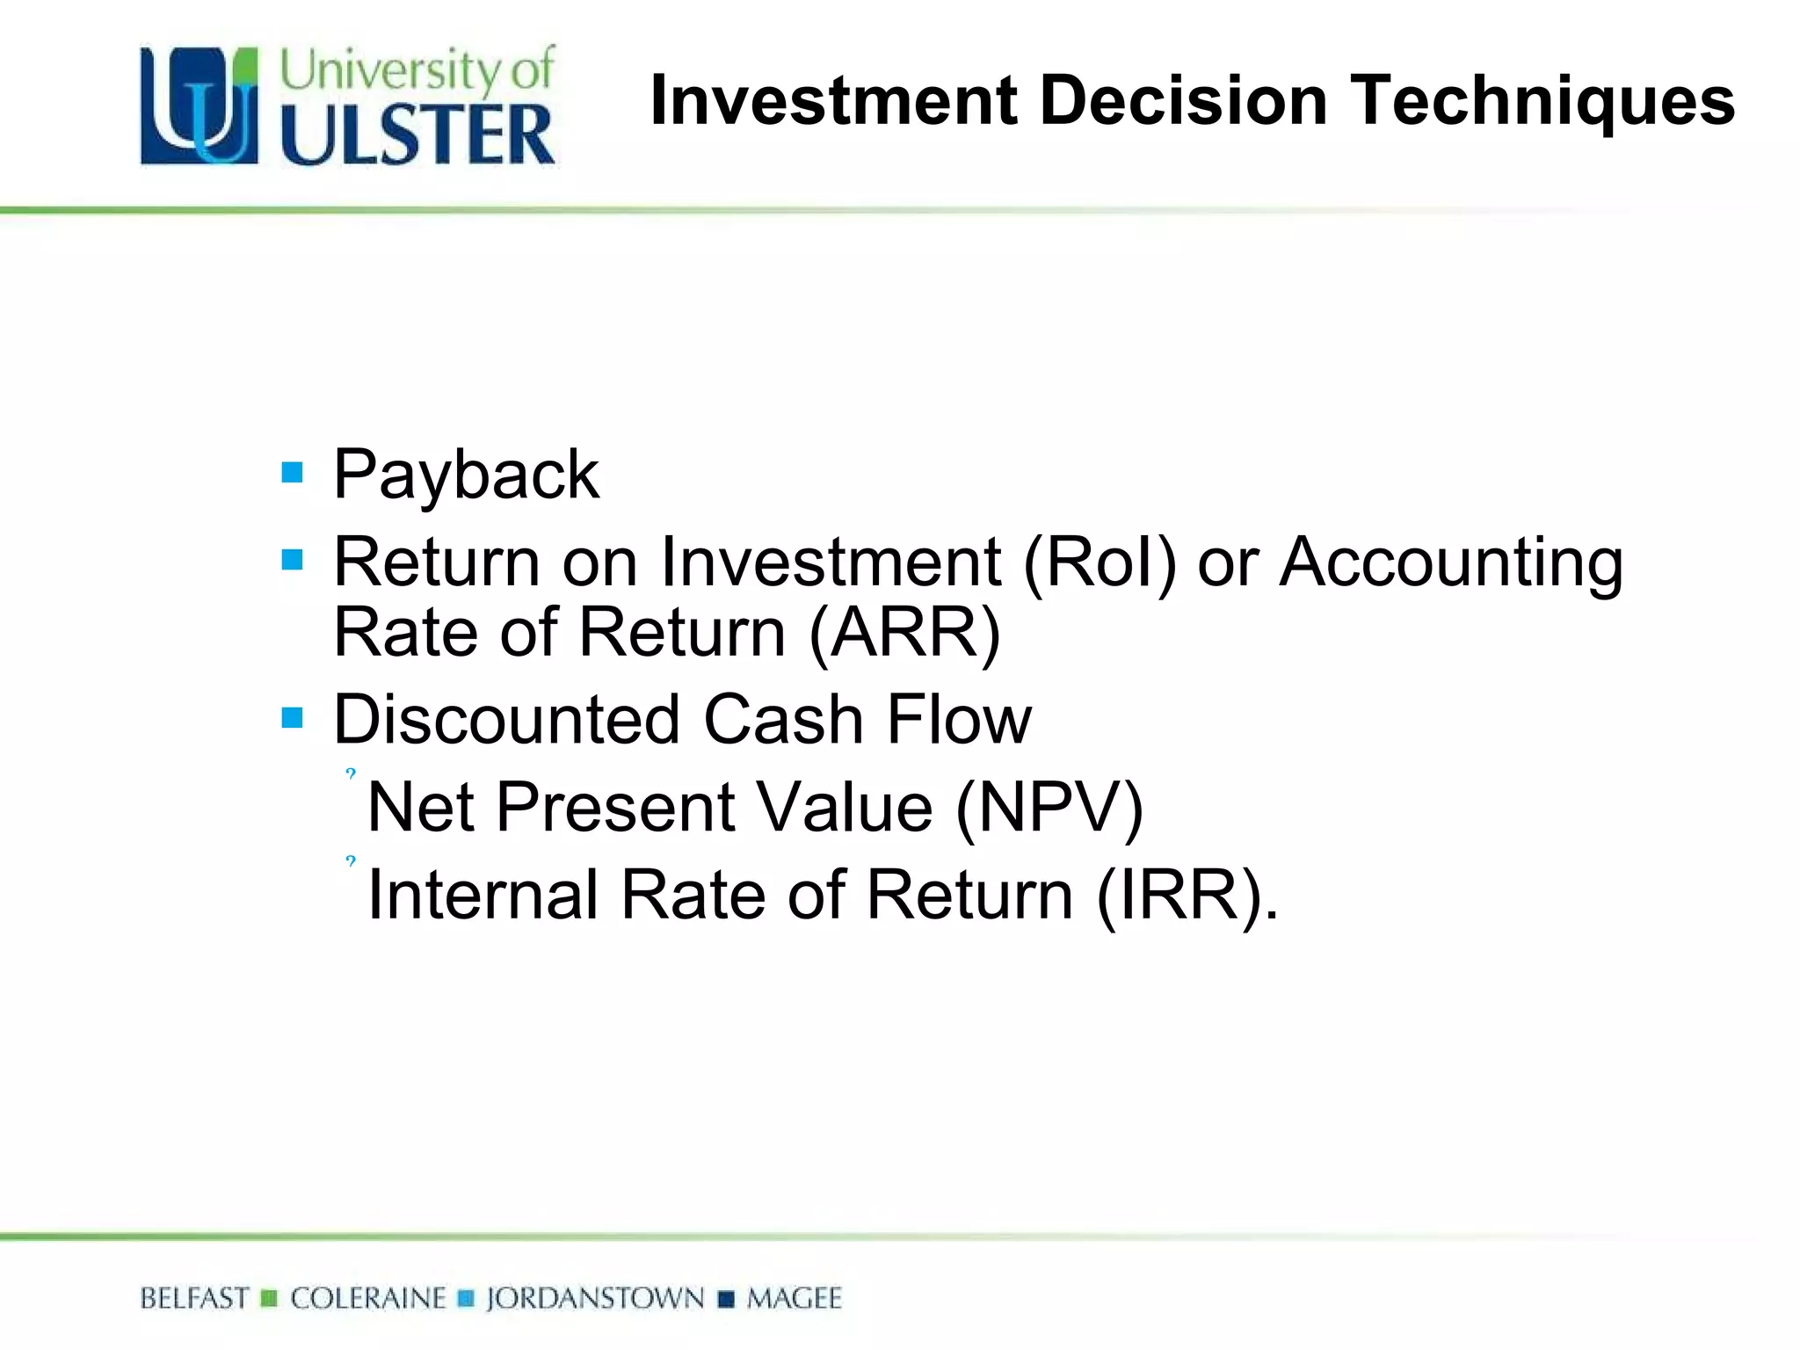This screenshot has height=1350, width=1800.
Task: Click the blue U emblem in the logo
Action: (x=200, y=106)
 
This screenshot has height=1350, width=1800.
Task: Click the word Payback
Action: (x=466, y=475)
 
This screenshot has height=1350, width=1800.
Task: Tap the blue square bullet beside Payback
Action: (x=292, y=473)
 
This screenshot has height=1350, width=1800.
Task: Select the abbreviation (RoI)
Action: (x=1099, y=562)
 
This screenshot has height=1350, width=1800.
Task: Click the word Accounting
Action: (x=1451, y=564)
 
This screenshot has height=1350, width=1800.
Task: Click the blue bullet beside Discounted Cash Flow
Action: (x=292, y=718)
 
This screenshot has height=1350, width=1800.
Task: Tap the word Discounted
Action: (x=507, y=720)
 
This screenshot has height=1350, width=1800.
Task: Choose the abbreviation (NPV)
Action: (x=1049, y=808)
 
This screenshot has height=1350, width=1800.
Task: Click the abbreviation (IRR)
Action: (x=1187, y=896)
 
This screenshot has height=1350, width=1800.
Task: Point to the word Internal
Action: (x=483, y=895)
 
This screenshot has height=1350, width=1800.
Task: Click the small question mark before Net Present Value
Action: (x=351, y=774)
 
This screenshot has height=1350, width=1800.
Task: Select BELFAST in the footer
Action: (x=194, y=1298)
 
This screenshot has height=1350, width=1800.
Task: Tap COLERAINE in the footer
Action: (x=368, y=1298)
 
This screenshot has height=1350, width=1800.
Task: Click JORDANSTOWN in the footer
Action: (x=595, y=1298)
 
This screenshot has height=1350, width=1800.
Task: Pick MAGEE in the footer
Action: (x=794, y=1298)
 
